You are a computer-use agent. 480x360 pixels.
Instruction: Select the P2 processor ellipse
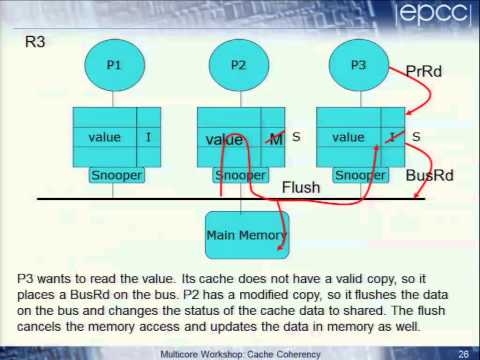point(237,65)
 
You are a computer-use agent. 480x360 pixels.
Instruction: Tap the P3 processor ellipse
point(357,65)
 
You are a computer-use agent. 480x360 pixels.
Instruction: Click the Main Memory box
point(246,236)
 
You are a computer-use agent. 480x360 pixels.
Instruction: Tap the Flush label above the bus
point(300,187)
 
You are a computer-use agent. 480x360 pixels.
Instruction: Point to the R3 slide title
point(36,43)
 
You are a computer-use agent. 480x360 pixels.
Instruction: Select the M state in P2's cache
point(275,139)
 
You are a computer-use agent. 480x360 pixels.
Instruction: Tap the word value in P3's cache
point(348,137)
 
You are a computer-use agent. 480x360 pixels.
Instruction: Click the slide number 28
point(463,354)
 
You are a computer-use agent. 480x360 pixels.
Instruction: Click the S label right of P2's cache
point(296,135)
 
